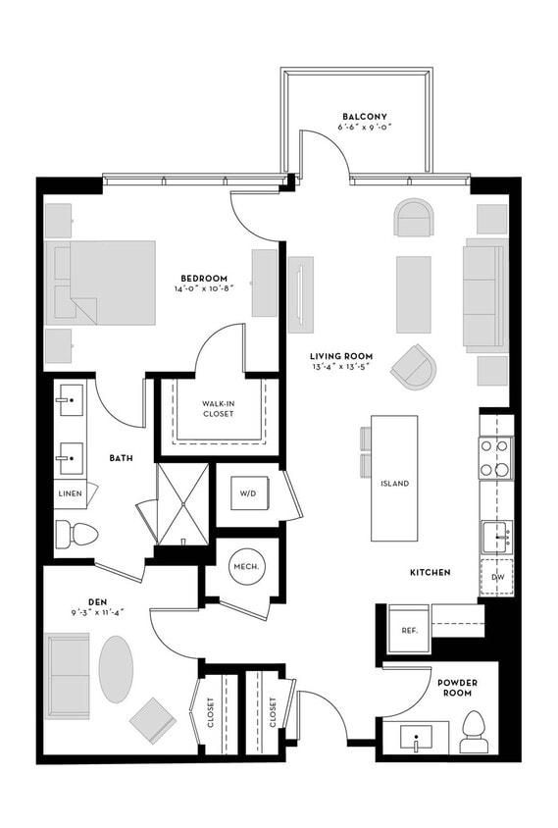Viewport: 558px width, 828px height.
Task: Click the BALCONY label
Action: [x=364, y=116]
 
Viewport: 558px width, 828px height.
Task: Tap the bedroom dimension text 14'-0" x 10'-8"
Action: [x=203, y=288]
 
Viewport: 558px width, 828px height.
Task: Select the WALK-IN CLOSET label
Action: [x=218, y=409]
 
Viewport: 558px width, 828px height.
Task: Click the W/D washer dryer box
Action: [x=249, y=493]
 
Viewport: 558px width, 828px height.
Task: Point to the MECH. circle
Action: [x=246, y=567]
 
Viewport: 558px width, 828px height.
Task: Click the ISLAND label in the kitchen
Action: [x=394, y=484]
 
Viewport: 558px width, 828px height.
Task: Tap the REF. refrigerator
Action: [x=410, y=630]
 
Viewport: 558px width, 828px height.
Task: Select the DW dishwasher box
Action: [x=497, y=577]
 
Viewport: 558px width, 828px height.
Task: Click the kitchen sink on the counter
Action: [x=496, y=538]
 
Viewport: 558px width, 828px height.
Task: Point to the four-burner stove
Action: [x=495, y=458]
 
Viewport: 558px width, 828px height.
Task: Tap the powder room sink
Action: [x=416, y=738]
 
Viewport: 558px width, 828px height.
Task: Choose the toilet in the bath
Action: [x=76, y=534]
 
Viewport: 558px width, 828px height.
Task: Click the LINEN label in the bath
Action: [x=71, y=493]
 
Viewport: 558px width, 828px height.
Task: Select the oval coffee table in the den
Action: [x=116, y=669]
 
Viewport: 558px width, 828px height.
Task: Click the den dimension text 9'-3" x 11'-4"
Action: [x=97, y=612]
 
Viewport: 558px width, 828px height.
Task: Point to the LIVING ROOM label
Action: [x=341, y=356]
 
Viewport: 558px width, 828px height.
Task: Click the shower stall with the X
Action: [x=183, y=504]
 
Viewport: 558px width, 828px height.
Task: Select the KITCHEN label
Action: [x=431, y=572]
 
